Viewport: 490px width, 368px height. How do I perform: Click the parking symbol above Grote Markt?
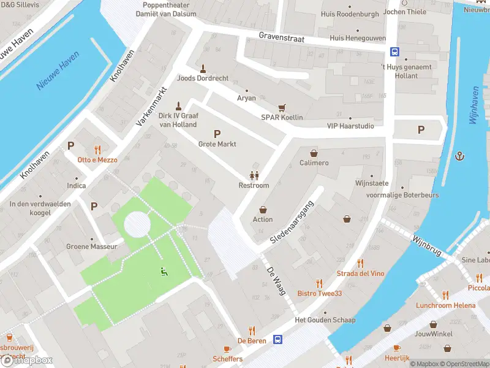[x=216, y=134]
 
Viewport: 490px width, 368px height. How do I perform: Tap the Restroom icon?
[x=254, y=175]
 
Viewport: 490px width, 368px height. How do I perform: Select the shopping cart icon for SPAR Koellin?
[x=282, y=107]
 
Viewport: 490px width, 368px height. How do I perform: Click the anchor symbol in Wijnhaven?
[x=459, y=156]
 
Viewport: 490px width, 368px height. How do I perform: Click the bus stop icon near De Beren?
[x=278, y=339]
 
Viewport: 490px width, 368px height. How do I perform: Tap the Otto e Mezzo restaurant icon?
[x=97, y=149]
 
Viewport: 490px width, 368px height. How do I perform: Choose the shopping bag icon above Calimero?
[x=314, y=153]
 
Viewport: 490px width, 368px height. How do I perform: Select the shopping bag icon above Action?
[x=263, y=209]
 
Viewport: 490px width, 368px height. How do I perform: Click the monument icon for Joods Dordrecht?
[x=203, y=67]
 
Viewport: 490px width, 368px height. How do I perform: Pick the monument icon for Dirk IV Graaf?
[x=179, y=105]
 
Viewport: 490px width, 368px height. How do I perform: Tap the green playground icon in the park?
[x=163, y=272]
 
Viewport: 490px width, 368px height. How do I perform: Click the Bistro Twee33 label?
[x=319, y=293]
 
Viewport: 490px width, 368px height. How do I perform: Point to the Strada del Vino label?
[x=360, y=273]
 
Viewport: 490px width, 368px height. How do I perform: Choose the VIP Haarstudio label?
[x=350, y=126]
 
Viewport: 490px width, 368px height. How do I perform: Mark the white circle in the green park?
[x=137, y=224]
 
